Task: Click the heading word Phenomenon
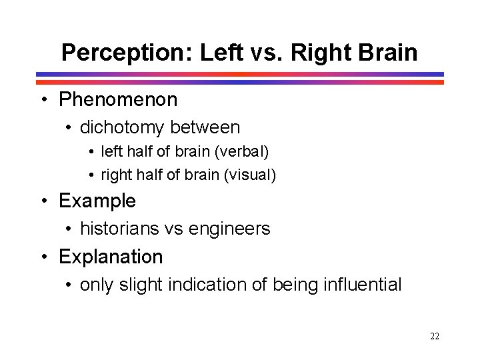[118, 100]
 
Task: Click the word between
[205, 127]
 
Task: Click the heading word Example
[97, 201]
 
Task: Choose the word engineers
[229, 229]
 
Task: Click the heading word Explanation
[111, 257]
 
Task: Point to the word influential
[362, 285]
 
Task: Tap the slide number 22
[435, 337]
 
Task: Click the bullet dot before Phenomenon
[43, 101]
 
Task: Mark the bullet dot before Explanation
[43, 257]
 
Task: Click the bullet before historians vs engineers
[69, 229]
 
